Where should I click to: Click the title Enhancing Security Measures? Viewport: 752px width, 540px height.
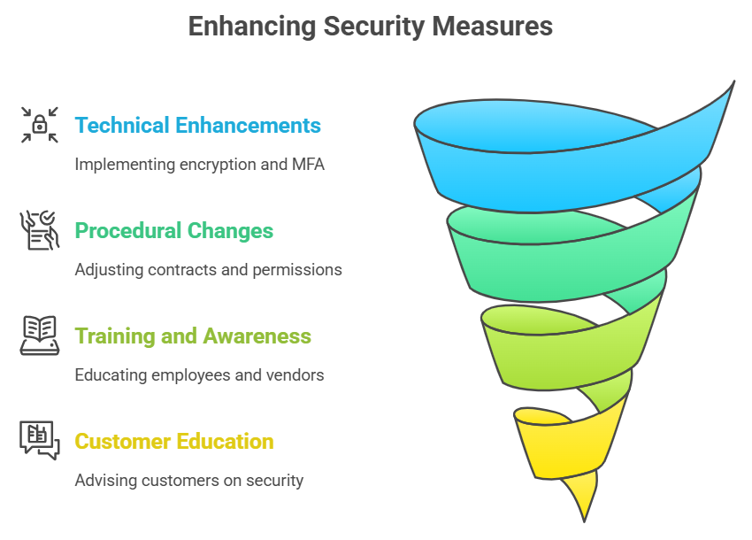[371, 27]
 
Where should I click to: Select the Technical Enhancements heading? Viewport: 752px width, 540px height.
[197, 126]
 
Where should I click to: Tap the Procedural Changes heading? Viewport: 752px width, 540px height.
[173, 231]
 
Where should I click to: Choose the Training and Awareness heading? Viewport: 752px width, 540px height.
[193, 336]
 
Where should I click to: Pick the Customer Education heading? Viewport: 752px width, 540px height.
[173, 441]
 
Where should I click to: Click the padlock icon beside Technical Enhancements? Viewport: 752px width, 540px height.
[40, 125]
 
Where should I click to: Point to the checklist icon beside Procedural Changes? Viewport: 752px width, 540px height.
[40, 230]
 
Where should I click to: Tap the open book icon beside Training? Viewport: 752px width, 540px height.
[40, 336]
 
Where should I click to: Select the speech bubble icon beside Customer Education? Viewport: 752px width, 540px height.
[40, 440]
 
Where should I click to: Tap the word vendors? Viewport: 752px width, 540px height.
[295, 375]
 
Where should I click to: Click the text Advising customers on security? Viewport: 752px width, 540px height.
[188, 481]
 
